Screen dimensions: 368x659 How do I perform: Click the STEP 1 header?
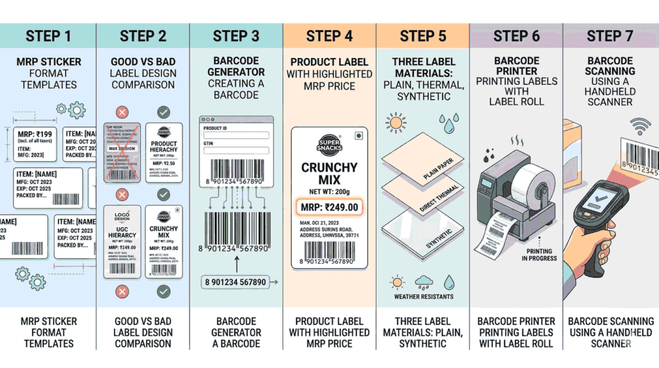pos(48,35)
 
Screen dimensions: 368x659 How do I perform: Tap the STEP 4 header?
pos(329,35)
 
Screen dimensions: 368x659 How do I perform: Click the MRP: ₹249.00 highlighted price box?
pos(329,207)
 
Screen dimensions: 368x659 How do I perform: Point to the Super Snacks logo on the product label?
pos(329,145)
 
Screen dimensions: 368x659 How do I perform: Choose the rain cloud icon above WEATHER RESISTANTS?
pos(423,281)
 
